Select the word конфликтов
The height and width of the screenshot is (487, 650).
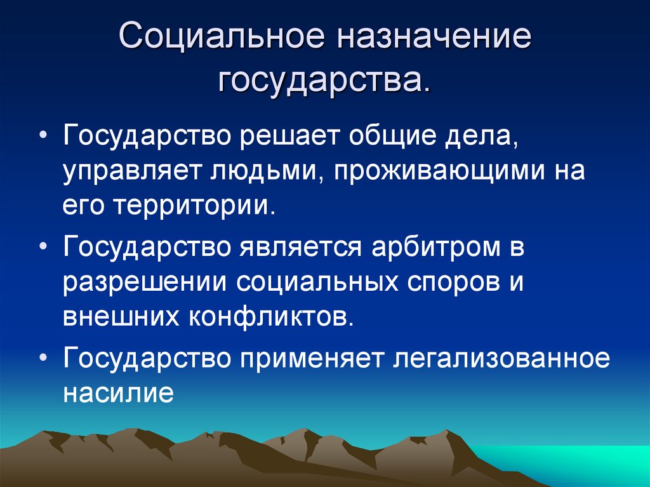click(x=267, y=316)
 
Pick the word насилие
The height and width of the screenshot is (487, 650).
click(x=118, y=392)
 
